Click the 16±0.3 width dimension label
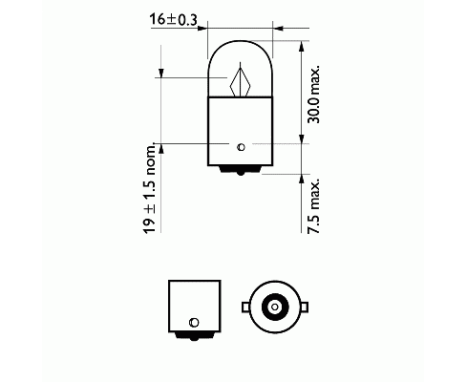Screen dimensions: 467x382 [x=174, y=19]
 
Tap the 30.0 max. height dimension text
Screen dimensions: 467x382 [x=313, y=95]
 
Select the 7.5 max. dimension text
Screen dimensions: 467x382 [x=313, y=207]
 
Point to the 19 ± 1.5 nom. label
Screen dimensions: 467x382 [x=150, y=188]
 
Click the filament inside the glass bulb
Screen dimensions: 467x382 [x=241, y=80]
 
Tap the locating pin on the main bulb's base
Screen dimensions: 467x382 [x=241, y=147]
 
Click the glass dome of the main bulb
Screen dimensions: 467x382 [x=241, y=68]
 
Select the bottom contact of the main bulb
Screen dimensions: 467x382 [x=241, y=170]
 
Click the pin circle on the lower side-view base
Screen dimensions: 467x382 [x=194, y=322]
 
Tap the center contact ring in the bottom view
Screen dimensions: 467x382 [x=275, y=308]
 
